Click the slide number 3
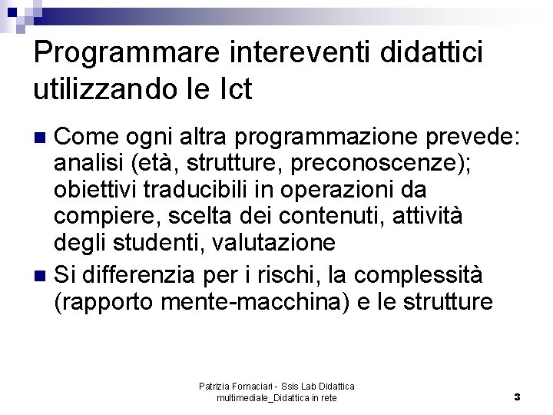pyautogui.click(x=517, y=397)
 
